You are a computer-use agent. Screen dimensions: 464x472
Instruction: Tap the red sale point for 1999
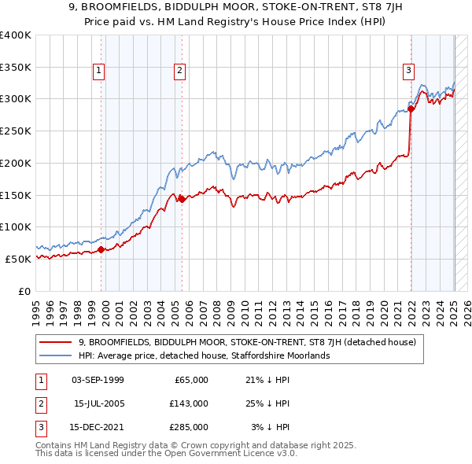point(101,250)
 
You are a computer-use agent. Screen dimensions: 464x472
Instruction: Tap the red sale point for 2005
point(182,200)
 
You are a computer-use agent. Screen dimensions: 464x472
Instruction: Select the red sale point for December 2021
point(411,108)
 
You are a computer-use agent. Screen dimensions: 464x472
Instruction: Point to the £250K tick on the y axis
point(16,131)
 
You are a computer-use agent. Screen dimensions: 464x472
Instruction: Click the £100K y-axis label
point(16,226)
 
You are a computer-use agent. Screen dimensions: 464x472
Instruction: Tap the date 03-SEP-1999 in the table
point(97,380)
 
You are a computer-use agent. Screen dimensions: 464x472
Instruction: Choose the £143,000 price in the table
point(189,403)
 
